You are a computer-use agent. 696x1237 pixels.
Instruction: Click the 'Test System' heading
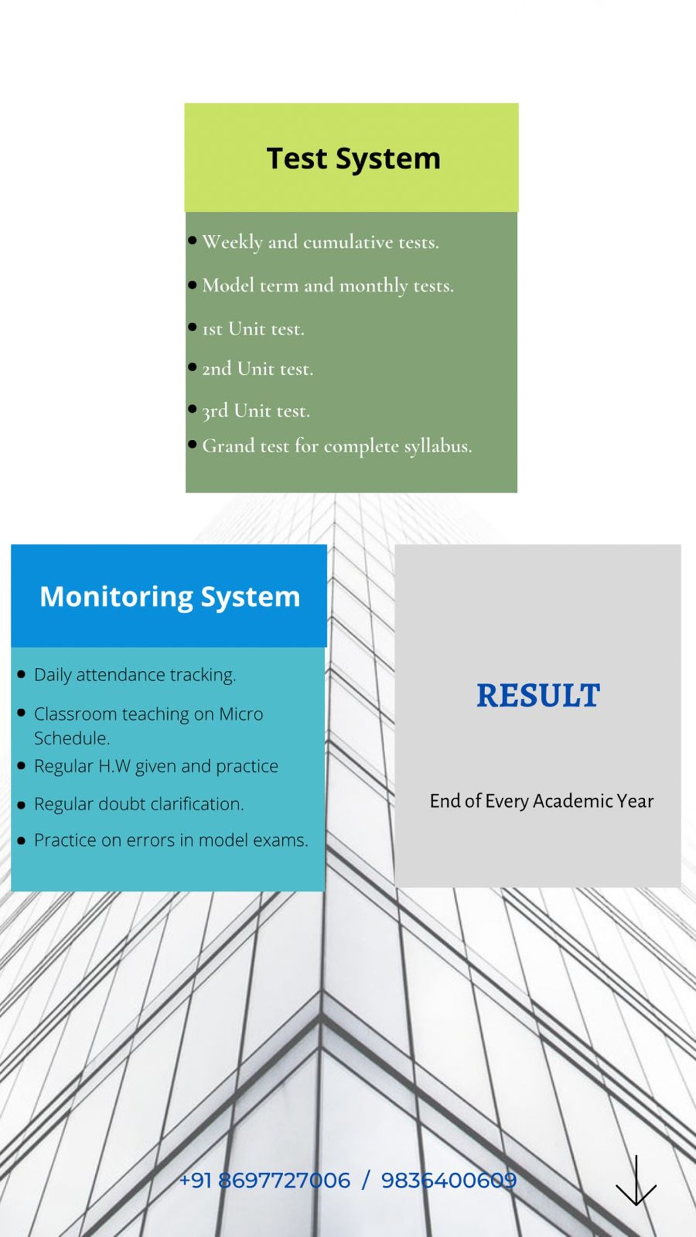pos(353,159)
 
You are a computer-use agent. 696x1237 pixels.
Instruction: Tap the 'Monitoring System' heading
pos(170,597)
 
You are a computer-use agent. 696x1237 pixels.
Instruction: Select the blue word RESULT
pos(538,695)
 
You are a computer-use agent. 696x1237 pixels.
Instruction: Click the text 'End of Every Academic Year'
pos(541,801)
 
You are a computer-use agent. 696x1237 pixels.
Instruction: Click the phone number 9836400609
pos(449,1180)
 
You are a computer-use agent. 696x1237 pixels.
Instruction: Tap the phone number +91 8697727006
pos(264,1180)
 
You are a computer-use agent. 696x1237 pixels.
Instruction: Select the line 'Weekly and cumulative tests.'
pos(320,242)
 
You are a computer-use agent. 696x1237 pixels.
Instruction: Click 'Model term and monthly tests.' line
pos(328,286)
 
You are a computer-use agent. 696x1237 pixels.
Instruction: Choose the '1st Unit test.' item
pos(253,329)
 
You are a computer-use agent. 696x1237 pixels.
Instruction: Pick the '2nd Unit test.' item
pos(258,369)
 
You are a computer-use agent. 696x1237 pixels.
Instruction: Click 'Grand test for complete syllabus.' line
pos(337,446)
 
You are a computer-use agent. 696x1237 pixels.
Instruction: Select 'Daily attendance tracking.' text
pos(135,675)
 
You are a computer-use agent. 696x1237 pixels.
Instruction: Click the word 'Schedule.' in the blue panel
pos(72,738)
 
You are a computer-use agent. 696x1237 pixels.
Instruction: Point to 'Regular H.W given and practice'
pos(156,767)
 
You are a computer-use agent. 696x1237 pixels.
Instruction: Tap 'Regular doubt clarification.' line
pos(139,804)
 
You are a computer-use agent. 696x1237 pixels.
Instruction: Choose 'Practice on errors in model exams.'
pos(171,840)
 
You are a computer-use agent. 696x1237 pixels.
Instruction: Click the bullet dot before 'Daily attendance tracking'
pos(21,675)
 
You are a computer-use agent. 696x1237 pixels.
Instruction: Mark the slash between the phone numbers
pos(365,1180)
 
